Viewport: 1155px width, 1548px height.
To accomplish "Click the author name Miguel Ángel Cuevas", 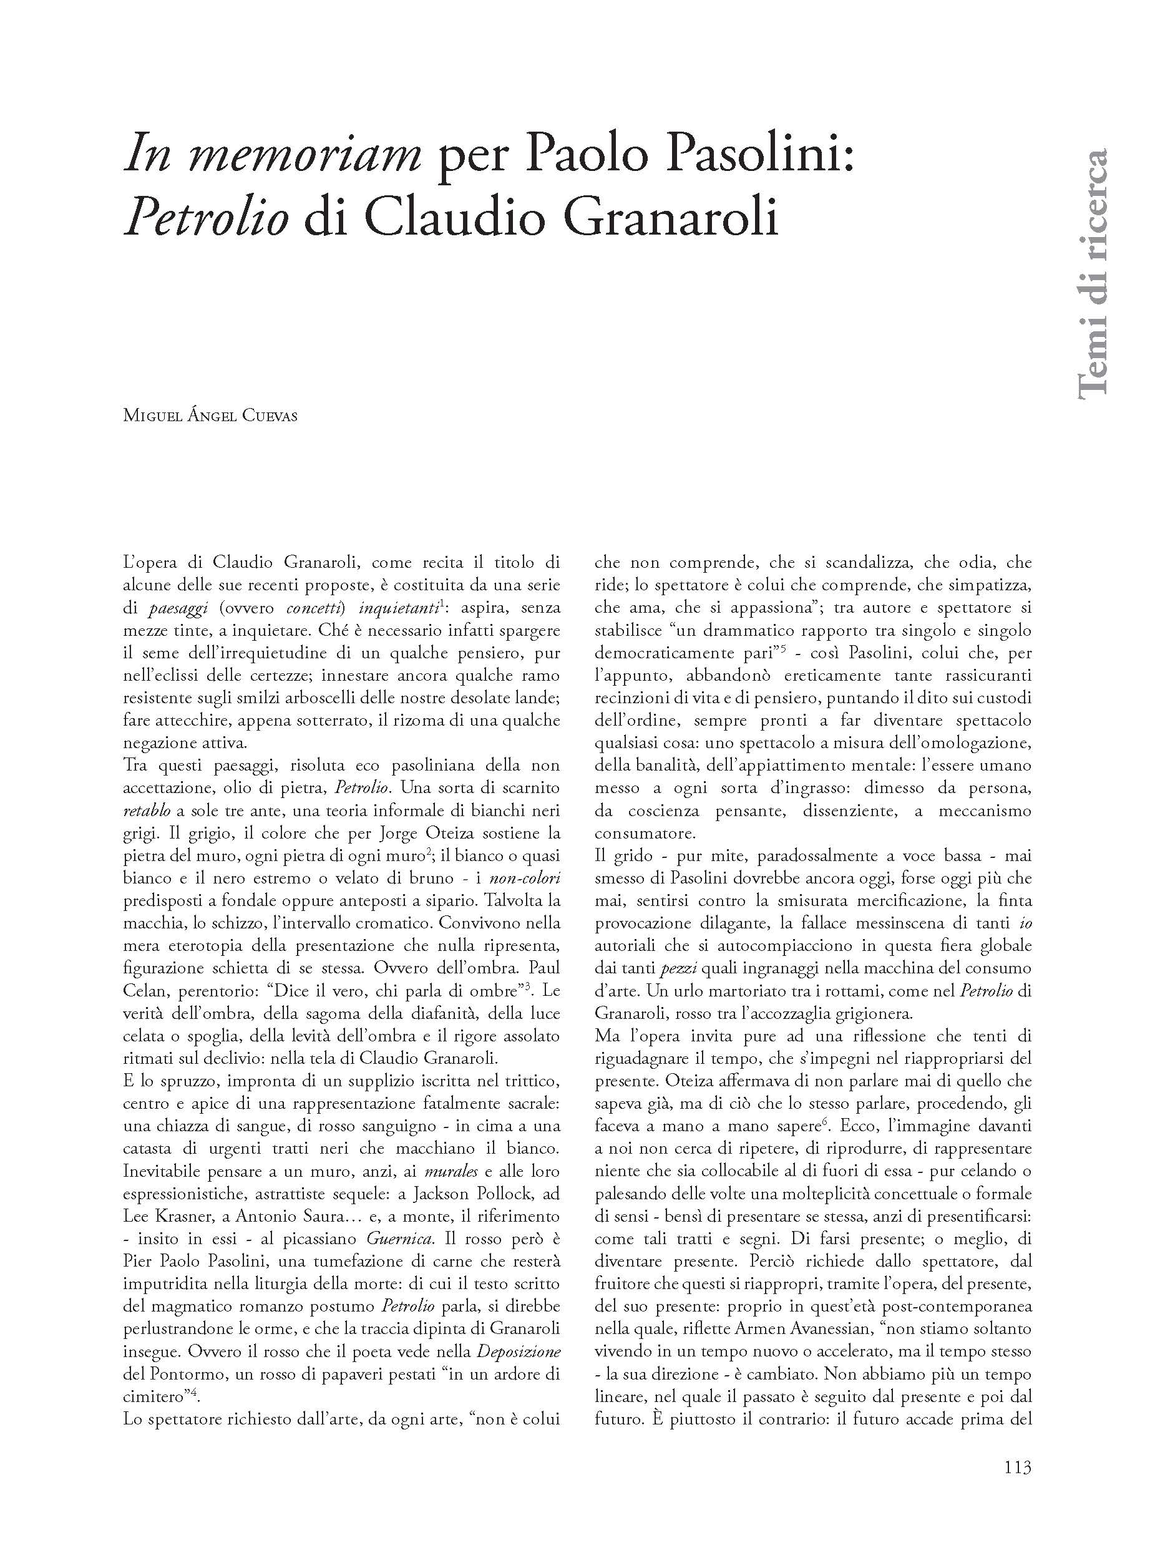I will [x=210, y=416].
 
